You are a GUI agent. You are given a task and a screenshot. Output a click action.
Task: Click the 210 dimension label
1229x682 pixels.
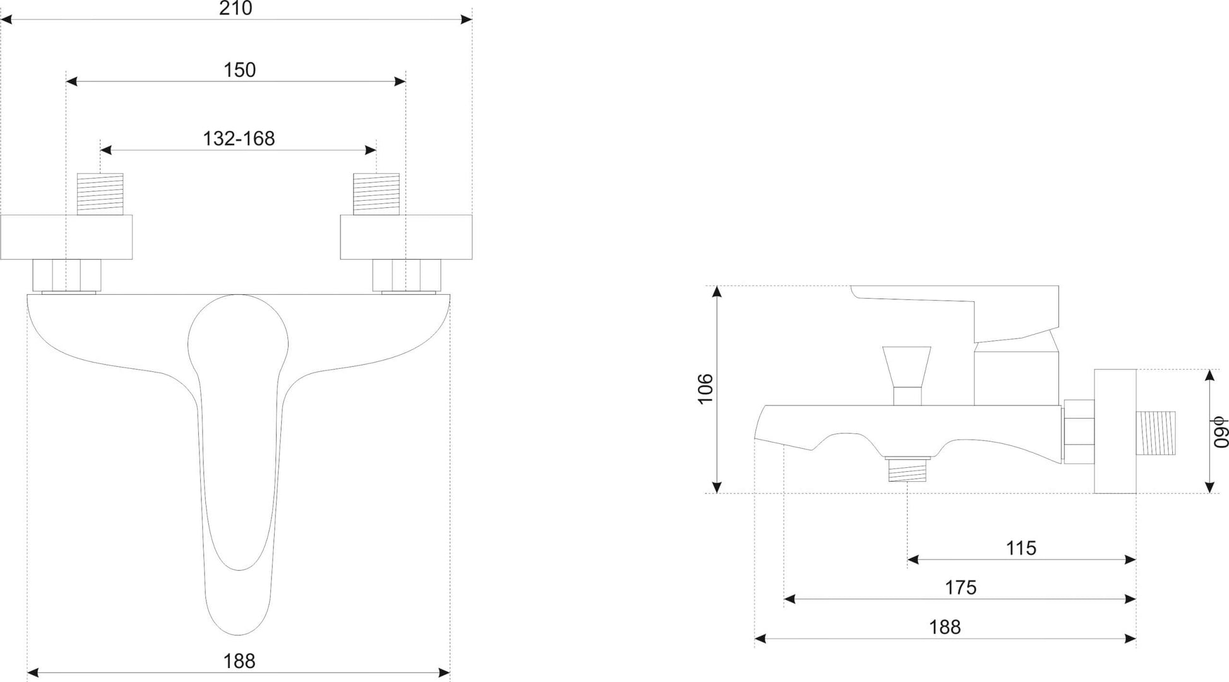pyautogui.click(x=236, y=8)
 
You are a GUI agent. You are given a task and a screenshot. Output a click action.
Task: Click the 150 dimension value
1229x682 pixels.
pyautogui.click(x=239, y=69)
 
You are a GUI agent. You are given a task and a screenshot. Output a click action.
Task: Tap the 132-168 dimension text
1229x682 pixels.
pyautogui.click(x=239, y=138)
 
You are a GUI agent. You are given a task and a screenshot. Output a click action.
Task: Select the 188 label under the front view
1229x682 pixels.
pyautogui.click(x=239, y=661)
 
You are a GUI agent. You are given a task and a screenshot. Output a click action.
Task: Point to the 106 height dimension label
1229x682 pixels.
pyautogui.click(x=705, y=389)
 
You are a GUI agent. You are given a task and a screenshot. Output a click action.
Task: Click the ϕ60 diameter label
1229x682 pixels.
pyautogui.click(x=1220, y=432)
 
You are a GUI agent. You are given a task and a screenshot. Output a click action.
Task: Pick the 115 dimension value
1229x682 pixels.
pyautogui.click(x=1021, y=547)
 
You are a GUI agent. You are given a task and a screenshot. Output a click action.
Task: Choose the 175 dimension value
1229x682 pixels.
pyautogui.click(x=961, y=587)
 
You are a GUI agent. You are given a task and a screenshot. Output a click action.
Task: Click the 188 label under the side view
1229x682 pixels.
pyautogui.click(x=945, y=627)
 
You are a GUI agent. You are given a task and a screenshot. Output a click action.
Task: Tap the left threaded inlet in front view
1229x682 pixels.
pyautogui.click(x=100, y=194)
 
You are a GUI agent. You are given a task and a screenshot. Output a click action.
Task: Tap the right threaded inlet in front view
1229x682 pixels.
pyautogui.click(x=376, y=194)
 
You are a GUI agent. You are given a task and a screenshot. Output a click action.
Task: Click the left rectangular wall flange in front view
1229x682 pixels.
pyautogui.click(x=66, y=237)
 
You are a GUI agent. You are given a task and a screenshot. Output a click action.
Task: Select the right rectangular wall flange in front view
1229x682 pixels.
pyautogui.click(x=406, y=237)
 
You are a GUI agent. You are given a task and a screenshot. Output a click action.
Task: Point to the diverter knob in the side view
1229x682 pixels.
pyautogui.click(x=907, y=375)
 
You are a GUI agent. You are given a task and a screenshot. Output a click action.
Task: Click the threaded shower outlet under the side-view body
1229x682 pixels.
pyautogui.click(x=907, y=469)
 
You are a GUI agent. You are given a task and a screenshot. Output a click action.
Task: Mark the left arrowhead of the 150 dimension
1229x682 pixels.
pyautogui.click(x=71, y=81)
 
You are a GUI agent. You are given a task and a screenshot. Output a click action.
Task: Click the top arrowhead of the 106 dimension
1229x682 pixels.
pyautogui.click(x=716, y=291)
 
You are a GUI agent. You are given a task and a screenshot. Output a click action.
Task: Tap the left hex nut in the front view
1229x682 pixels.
pyautogui.click(x=66, y=275)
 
